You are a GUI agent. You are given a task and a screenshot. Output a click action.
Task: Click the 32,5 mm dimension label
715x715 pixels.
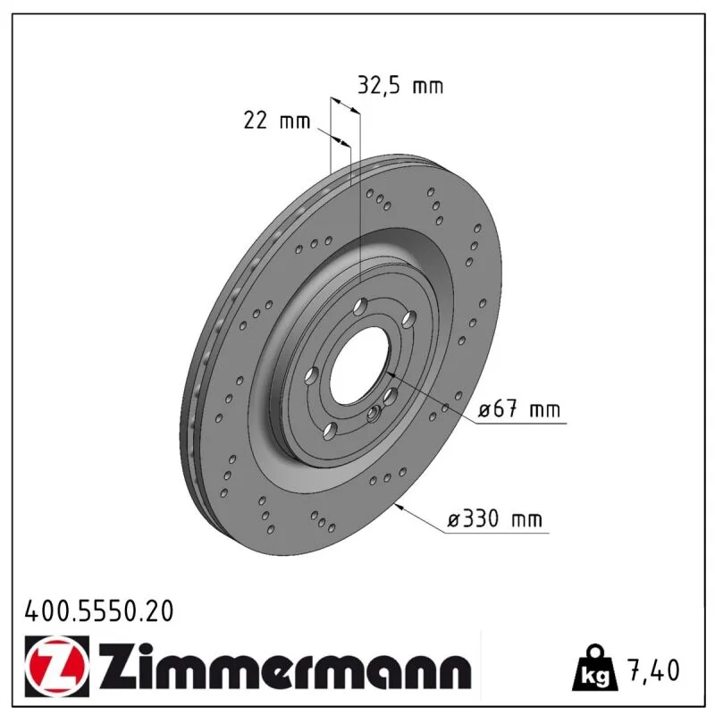coord(400,86)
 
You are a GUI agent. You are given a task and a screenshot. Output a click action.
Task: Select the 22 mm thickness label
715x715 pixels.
coord(277,121)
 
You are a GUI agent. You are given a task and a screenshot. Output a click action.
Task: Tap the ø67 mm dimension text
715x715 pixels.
coord(519,409)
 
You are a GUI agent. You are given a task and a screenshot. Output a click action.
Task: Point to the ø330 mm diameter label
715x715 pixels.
coord(495,519)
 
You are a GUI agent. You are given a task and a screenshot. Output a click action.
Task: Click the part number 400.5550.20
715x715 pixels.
coord(99,610)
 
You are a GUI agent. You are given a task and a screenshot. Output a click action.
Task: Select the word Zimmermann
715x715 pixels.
coord(285,665)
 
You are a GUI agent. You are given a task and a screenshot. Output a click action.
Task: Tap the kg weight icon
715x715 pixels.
coord(595,668)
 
